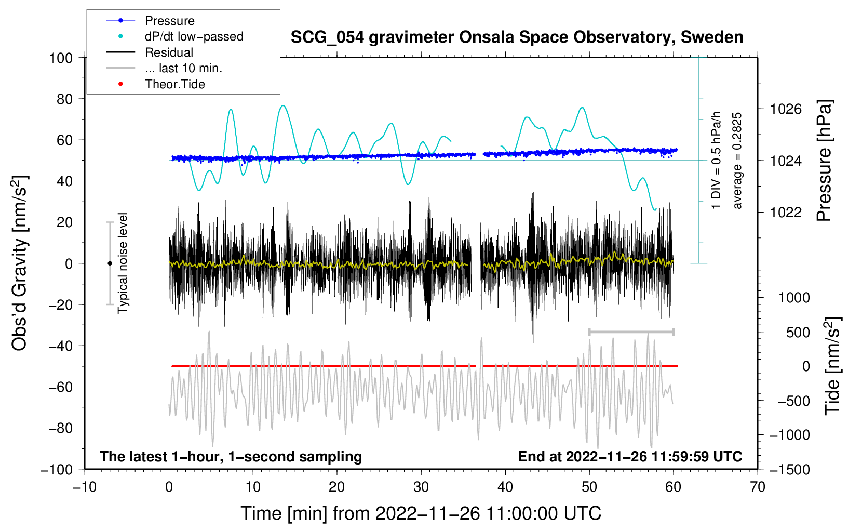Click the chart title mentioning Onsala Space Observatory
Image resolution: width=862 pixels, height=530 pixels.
[517, 37]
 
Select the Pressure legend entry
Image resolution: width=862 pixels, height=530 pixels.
[169, 21]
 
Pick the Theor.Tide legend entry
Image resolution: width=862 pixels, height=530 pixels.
[174, 84]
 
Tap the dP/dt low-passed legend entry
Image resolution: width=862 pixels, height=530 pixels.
[194, 36]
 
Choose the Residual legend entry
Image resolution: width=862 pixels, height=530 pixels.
[169, 52]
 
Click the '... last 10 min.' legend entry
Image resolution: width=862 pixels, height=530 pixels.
[183, 68]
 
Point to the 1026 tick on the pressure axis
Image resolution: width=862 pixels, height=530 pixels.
[786, 109]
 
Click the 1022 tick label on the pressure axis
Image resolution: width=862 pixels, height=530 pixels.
[786, 212]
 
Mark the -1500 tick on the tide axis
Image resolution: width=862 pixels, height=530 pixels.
[789, 469]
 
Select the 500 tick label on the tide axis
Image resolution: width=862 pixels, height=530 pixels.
[798, 332]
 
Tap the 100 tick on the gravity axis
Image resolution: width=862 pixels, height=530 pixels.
[61, 58]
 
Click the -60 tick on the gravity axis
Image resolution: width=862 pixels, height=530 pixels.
[61, 387]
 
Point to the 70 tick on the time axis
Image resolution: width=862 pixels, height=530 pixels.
[758, 487]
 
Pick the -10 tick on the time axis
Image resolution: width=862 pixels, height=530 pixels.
[85, 487]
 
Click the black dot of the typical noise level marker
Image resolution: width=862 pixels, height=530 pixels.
[110, 263]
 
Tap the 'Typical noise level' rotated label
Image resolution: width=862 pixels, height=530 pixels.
[123, 263]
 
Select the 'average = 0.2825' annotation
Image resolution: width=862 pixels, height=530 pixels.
[737, 161]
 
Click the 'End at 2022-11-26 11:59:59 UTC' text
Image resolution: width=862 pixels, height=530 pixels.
[630, 456]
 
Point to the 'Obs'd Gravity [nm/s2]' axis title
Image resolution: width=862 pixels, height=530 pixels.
[19, 263]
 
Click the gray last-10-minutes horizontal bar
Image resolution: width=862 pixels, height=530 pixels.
[631, 332]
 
